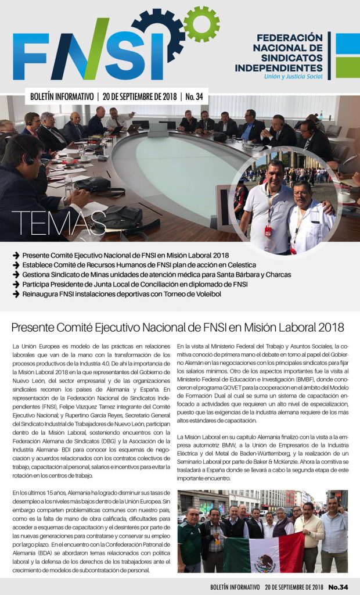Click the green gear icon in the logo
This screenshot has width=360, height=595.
201,24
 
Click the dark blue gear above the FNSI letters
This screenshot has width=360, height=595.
159,32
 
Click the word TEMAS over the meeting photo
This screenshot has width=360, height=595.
57,223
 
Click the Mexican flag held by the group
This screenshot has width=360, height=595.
264,553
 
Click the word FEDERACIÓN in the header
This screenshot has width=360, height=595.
289,37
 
